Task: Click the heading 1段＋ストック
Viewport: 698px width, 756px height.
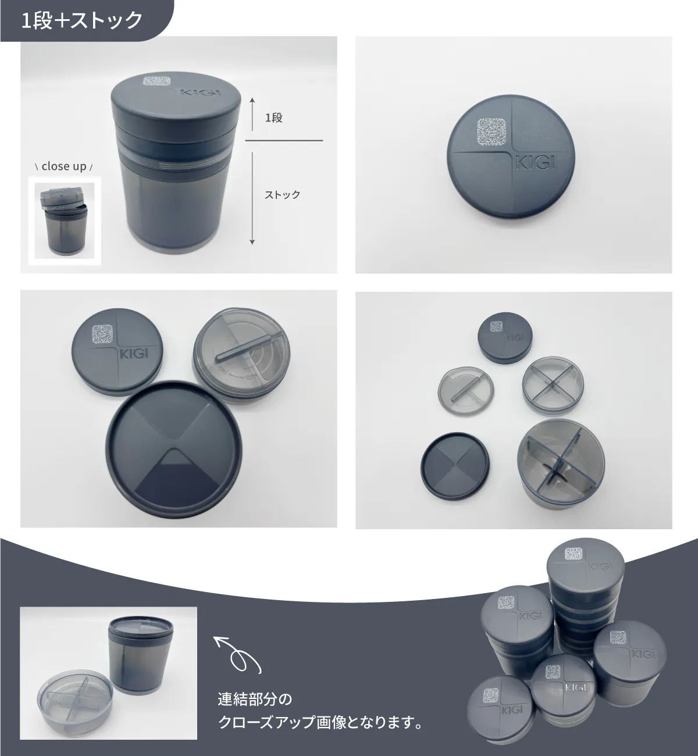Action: pyautogui.click(x=82, y=20)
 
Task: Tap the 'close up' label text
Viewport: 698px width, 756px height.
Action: pyautogui.click(x=64, y=166)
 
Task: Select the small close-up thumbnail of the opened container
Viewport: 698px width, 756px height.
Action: pyautogui.click(x=65, y=221)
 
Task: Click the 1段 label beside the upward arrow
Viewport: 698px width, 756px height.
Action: pyautogui.click(x=274, y=117)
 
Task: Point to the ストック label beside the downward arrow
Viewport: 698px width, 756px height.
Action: pyautogui.click(x=283, y=195)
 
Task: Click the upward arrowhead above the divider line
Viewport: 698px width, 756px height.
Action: pyautogui.click(x=252, y=100)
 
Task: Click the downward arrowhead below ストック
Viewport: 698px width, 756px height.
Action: pyautogui.click(x=252, y=242)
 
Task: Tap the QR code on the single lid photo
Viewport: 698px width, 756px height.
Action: pyautogui.click(x=492, y=131)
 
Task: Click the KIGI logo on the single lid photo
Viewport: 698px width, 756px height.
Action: pyautogui.click(x=536, y=163)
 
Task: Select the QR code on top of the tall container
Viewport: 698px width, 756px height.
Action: pyautogui.click(x=157, y=81)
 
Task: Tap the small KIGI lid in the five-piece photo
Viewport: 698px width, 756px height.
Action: pyautogui.click(x=505, y=337)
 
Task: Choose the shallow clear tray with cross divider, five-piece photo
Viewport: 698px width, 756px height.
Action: pyautogui.click(x=553, y=385)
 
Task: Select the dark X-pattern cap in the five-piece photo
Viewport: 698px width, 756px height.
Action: pyautogui.click(x=455, y=466)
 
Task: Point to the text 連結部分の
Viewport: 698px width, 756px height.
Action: pyautogui.click(x=255, y=699)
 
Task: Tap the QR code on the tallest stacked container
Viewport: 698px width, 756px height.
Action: pyautogui.click(x=574, y=554)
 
